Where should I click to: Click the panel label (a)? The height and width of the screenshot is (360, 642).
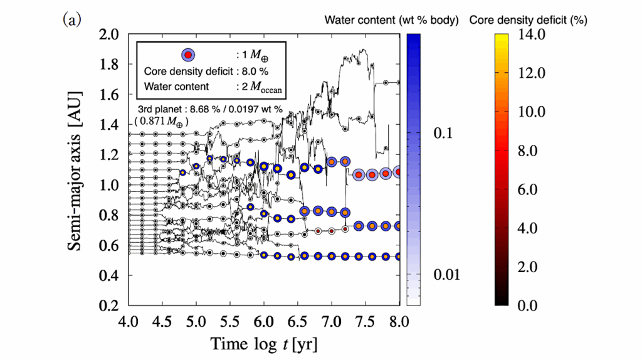click(x=70, y=20)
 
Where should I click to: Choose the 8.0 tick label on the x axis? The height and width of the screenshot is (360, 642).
click(x=399, y=322)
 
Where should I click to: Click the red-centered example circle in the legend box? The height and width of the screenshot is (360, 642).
click(x=189, y=55)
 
